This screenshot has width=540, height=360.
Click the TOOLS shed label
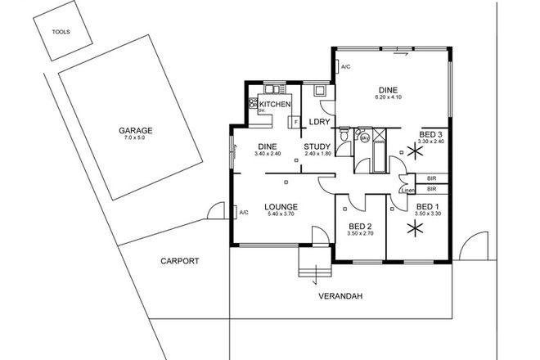[61, 33]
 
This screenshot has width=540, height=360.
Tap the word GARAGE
[134, 131]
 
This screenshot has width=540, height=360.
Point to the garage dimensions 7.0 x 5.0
[134, 139]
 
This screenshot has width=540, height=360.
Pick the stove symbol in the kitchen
[254, 105]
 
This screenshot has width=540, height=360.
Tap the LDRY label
[320, 123]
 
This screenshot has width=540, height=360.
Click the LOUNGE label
[280, 206]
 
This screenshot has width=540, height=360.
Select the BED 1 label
[428, 206]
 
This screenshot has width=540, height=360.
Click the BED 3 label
[430, 134]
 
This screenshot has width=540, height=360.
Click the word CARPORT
[179, 262]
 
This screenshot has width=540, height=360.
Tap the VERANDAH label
[342, 296]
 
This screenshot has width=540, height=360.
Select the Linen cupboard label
[407, 191]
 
